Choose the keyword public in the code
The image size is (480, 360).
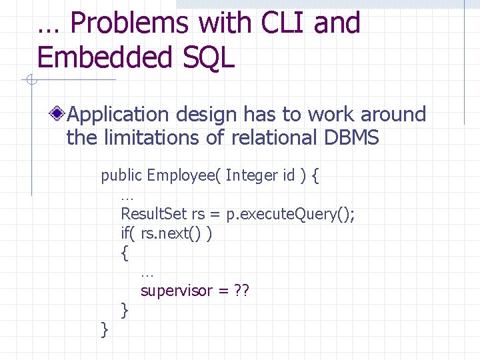[121, 175]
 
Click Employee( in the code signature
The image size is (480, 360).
[183, 175]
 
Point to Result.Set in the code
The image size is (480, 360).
[154, 214]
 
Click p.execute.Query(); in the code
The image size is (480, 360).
[290, 214]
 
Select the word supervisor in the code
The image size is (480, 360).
[176, 291]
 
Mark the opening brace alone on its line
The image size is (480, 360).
[125, 253]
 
